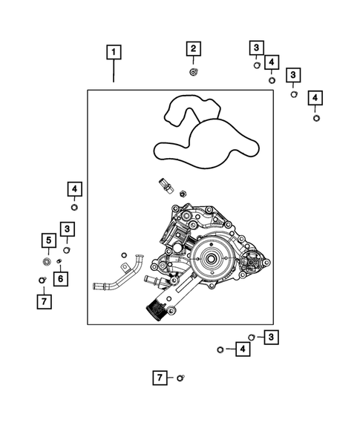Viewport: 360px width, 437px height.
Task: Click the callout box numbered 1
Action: point(113,52)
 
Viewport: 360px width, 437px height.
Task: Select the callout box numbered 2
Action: point(193,50)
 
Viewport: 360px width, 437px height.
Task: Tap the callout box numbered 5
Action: point(48,240)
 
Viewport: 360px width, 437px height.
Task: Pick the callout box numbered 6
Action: point(59,279)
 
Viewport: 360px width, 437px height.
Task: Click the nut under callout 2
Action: point(193,71)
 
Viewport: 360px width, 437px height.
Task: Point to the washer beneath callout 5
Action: point(48,261)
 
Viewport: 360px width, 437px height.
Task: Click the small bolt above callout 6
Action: point(59,261)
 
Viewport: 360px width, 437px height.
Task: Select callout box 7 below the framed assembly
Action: point(159,378)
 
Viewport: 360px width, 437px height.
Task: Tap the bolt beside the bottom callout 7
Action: point(180,378)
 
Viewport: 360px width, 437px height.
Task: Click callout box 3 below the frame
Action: point(272,338)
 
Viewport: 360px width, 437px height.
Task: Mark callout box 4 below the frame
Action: point(242,349)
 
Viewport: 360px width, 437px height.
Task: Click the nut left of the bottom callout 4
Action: point(220,349)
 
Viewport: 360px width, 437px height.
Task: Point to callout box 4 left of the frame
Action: point(74,188)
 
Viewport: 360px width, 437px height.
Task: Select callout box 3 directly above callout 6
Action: point(67,229)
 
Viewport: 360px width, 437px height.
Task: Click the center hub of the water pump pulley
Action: point(210,260)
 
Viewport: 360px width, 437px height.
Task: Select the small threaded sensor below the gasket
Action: point(166,185)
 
